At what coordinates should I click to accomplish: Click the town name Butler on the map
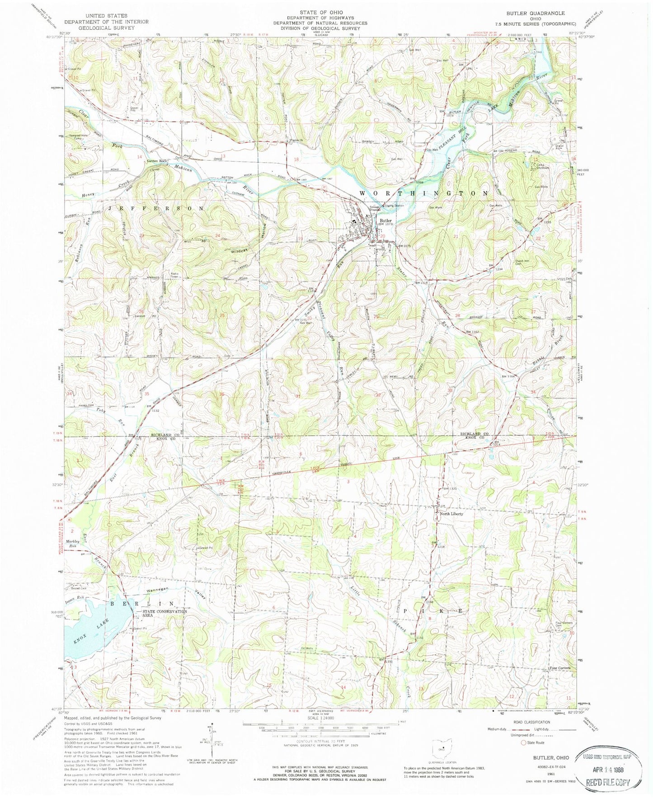click(385, 221)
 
